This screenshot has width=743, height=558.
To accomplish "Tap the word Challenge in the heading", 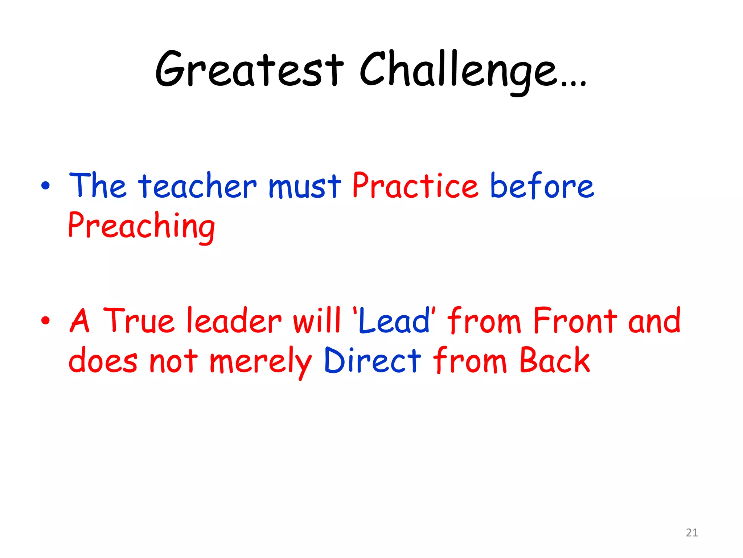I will click(458, 71).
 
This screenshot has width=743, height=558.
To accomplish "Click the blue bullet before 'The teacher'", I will click(45, 186).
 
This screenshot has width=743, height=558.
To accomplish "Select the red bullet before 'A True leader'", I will click(45, 320).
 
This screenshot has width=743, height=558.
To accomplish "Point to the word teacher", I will click(197, 186).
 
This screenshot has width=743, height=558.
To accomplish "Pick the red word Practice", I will click(415, 186).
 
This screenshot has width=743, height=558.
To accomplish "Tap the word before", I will click(542, 186).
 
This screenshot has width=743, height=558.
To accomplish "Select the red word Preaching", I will click(141, 226).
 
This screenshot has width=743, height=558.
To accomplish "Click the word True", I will click(139, 320).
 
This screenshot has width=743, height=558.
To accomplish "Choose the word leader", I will click(234, 320).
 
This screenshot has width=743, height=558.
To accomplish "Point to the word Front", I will click(575, 320).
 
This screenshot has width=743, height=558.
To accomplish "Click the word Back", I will click(555, 360).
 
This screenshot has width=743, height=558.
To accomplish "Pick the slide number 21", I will click(692, 533).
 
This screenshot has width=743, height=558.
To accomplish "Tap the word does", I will click(103, 361).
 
